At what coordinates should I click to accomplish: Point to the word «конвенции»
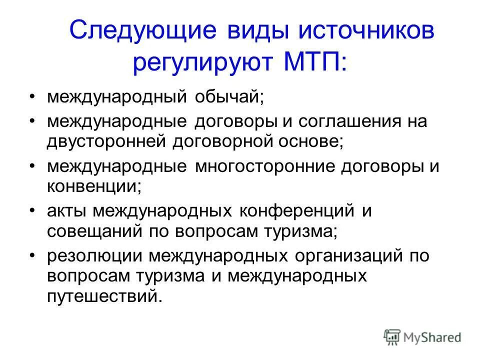pyautogui.click(x=92, y=185)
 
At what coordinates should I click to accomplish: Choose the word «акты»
pyautogui.click(x=67, y=211)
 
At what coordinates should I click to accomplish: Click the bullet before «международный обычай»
pyautogui.click(x=32, y=97)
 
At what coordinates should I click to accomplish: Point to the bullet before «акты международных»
pyautogui.click(x=32, y=211)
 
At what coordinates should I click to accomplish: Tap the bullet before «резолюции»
pyautogui.click(x=32, y=256)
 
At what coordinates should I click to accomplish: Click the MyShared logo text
pyautogui.click(x=433, y=337)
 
